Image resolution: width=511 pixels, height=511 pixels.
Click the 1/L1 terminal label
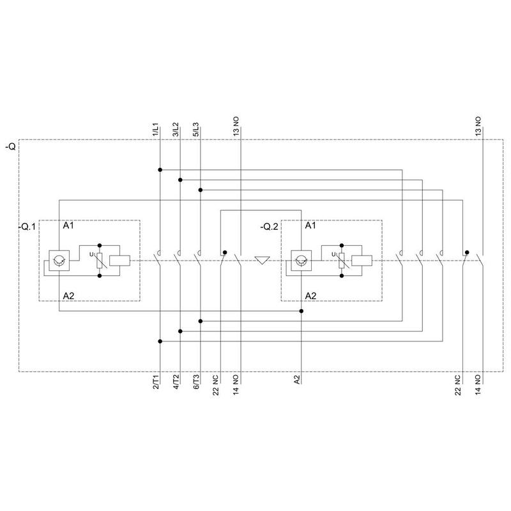[156, 130]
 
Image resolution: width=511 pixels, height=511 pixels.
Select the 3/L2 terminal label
[176, 130]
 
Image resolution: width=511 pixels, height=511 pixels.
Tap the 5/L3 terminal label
[196, 130]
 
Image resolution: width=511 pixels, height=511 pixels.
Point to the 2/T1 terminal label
[156, 382]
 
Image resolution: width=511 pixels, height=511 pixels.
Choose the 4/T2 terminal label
[176, 382]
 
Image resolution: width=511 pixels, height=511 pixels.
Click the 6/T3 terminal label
[196, 382]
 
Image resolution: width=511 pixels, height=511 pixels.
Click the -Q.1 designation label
[27, 227]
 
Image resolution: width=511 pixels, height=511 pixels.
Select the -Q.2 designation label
[270, 227]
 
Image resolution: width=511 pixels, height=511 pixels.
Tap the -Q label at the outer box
[10, 147]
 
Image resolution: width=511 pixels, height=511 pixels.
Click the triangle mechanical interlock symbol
[262, 261]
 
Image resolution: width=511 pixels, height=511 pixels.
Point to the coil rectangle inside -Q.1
[119, 261]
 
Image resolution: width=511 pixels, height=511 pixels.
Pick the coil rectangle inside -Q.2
[362, 261]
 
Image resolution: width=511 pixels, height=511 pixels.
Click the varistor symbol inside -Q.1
[100, 261]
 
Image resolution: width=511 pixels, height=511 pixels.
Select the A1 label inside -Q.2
[310, 225]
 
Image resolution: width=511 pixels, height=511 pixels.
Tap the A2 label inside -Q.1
[68, 296]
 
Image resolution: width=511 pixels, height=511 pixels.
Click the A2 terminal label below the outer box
[296, 380]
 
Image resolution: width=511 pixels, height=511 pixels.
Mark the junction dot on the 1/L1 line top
[160, 170]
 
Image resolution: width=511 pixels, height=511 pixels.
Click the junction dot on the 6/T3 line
[201, 321]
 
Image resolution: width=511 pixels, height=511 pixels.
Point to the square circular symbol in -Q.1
[59, 261]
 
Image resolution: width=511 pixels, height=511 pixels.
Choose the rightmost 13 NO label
[478, 126]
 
